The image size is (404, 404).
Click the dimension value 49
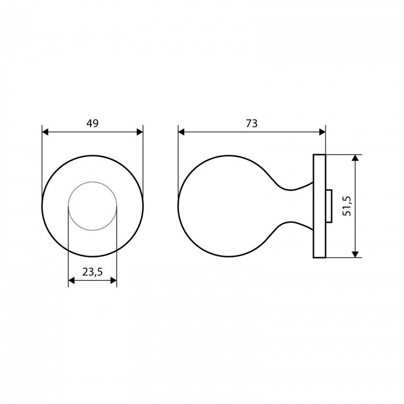pos(92,124)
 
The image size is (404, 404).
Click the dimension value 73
pos(252,124)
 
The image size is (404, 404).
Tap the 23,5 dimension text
pos(92,272)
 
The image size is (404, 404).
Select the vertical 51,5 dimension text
pos(347,206)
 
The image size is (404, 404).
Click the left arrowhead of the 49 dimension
pos(45,132)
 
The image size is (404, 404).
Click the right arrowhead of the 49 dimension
pos(140,132)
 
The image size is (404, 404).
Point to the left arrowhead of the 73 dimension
pos(181,132)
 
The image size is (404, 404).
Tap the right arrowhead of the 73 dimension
pos(322,132)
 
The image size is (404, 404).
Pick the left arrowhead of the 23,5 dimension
pos(72,280)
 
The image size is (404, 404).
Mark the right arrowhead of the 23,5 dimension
pos(113,280)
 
